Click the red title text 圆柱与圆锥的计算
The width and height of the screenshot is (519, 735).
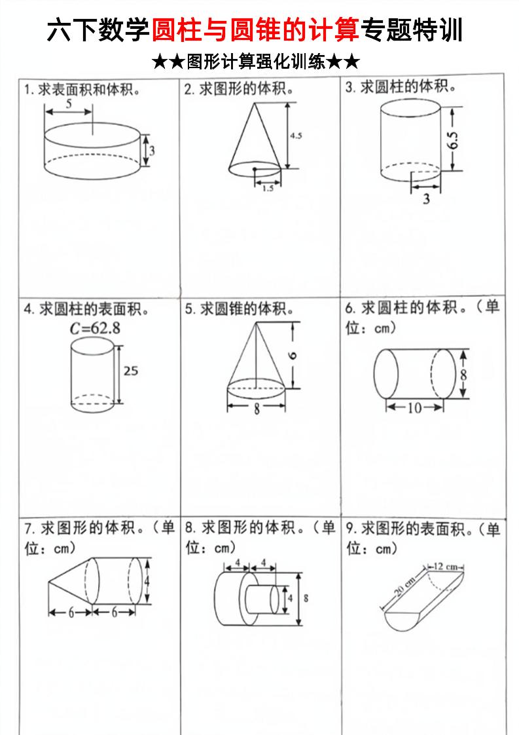click(256, 30)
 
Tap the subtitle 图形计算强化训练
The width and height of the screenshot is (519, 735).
click(256, 62)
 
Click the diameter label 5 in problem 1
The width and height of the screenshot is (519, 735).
click(69, 104)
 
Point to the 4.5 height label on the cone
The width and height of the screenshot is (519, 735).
click(296, 136)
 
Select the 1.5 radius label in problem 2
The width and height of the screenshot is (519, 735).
click(268, 188)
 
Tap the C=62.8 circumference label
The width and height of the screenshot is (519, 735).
click(96, 329)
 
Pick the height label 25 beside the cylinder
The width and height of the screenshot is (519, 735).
click(131, 371)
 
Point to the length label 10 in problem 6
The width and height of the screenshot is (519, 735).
click(414, 407)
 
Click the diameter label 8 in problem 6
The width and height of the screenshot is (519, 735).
click(463, 374)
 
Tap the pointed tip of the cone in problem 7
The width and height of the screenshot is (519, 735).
click(49, 581)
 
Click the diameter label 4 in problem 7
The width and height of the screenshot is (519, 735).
click(148, 581)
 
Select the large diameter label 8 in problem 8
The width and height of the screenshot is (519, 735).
click(306, 597)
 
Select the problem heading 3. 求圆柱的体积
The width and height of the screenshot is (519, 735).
click(401, 87)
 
